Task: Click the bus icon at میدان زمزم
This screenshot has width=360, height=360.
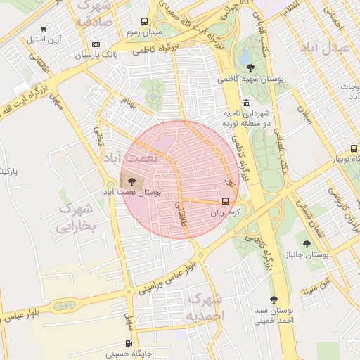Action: [144, 22]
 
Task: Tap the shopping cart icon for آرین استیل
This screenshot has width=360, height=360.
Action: [44, 29]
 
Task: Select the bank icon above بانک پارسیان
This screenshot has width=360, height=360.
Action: [96, 44]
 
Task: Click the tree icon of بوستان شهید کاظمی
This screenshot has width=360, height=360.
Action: [251, 67]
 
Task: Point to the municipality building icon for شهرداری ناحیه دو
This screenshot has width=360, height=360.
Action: [245, 102]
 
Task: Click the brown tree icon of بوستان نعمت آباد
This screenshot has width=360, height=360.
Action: [134, 182]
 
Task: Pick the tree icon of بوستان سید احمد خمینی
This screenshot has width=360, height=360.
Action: [274, 300]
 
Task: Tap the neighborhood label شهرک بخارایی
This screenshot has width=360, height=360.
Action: [75, 217]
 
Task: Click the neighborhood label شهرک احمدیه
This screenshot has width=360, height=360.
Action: [204, 309]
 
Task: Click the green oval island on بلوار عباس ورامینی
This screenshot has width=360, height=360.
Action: [65, 306]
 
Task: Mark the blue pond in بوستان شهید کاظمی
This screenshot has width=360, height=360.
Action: [245, 51]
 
